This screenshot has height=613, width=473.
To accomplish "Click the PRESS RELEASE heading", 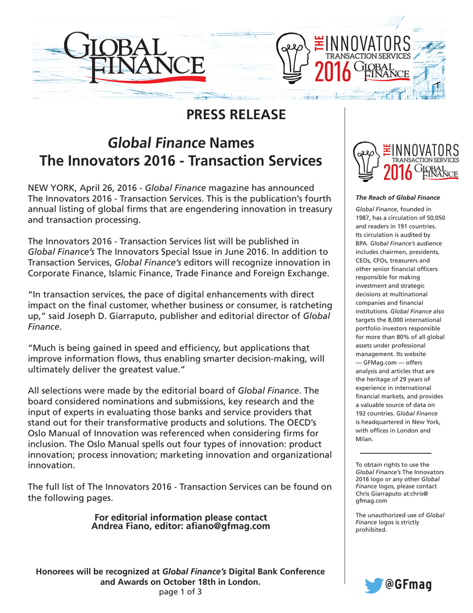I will coord(236,114).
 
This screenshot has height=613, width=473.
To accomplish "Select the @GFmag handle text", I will coord(408,585).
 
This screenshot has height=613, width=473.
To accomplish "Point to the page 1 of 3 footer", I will coord(180,592).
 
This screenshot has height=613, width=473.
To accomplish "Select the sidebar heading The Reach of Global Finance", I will coord(398,198).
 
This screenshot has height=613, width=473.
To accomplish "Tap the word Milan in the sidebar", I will coord(364,439).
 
